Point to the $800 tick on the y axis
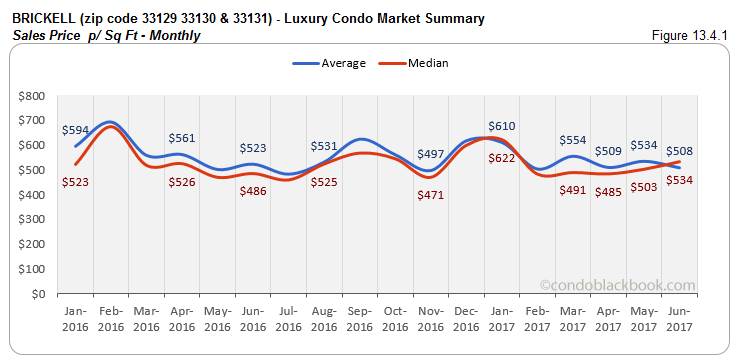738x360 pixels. tap(30, 96)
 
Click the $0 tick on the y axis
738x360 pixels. tap(37, 295)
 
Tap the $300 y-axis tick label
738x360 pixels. tap(30, 220)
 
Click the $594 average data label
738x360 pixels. tap(74, 130)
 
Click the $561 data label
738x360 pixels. tap(182, 139)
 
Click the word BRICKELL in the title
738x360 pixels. tap(43, 19)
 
